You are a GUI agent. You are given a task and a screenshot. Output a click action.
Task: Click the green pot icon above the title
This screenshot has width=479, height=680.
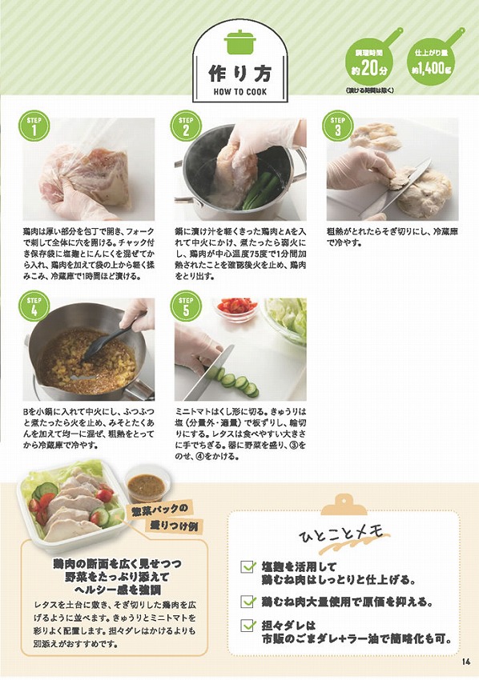239,41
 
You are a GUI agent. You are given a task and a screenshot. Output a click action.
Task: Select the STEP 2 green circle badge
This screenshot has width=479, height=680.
186,126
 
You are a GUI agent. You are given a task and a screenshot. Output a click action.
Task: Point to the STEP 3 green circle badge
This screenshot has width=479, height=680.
337,126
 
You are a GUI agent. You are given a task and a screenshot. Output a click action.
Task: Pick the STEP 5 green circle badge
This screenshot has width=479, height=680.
186,307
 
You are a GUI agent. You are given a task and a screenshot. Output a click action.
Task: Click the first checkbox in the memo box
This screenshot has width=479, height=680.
249,567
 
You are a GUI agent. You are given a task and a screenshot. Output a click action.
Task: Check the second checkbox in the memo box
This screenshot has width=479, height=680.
249,601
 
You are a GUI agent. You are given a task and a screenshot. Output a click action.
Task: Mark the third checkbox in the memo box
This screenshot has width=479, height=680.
249,626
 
